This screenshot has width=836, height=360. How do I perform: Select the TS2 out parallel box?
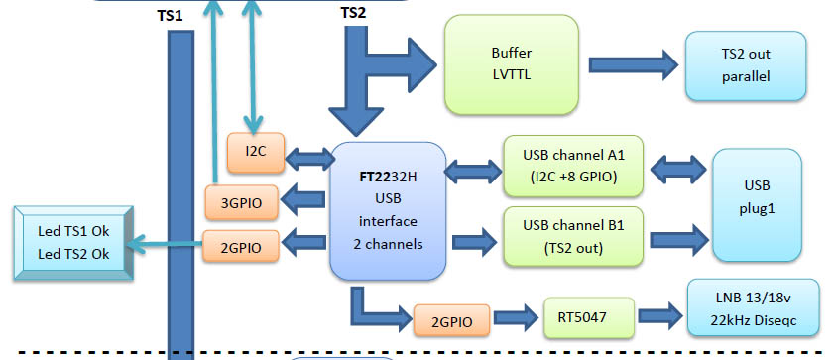point(746,64)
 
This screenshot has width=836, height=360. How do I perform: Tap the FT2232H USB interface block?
point(386,208)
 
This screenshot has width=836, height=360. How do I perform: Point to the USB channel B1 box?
point(573,237)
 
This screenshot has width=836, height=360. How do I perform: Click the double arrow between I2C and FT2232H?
point(307,156)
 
